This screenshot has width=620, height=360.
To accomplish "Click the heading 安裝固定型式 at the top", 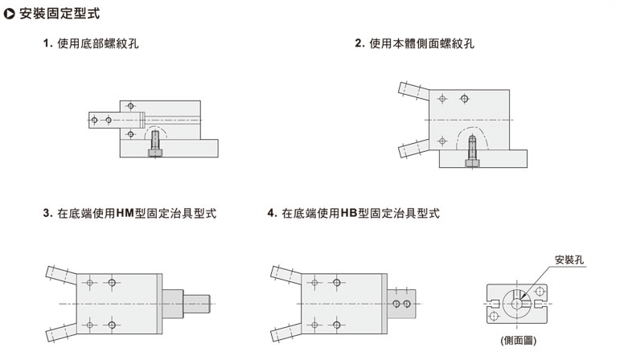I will coord(60,14).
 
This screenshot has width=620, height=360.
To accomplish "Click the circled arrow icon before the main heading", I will coord(10,14).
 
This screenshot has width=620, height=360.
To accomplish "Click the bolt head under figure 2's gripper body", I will coord(471,164).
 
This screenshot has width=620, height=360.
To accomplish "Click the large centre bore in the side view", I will coord(518,303).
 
